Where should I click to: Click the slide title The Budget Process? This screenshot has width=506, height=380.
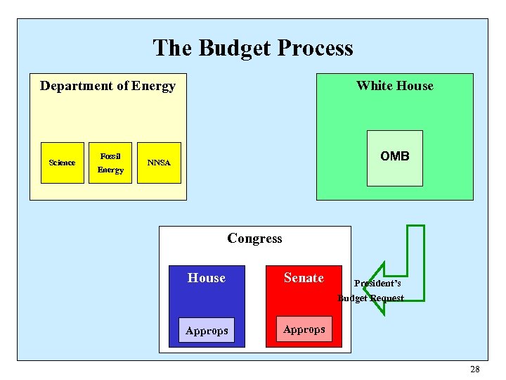point(253,48)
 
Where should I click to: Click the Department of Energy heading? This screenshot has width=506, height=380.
point(108,86)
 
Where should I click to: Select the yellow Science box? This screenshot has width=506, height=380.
point(62,163)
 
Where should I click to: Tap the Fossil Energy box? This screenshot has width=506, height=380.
point(110,163)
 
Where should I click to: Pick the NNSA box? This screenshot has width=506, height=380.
point(159,163)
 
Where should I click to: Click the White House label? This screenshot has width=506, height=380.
point(394,86)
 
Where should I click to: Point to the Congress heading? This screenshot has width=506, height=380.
point(254,239)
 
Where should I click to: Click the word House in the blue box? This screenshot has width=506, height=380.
point(207,278)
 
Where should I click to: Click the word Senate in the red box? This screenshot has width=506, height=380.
point(304,278)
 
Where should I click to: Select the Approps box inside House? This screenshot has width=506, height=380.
point(207,330)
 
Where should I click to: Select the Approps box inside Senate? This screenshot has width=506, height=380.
point(304,329)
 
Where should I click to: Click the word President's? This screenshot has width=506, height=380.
point(377,284)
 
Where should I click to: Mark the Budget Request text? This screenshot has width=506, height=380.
point(371,298)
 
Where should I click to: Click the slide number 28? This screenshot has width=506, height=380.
point(474,369)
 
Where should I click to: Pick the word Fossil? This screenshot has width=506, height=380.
point(110,156)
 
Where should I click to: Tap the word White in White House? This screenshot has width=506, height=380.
point(373,86)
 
